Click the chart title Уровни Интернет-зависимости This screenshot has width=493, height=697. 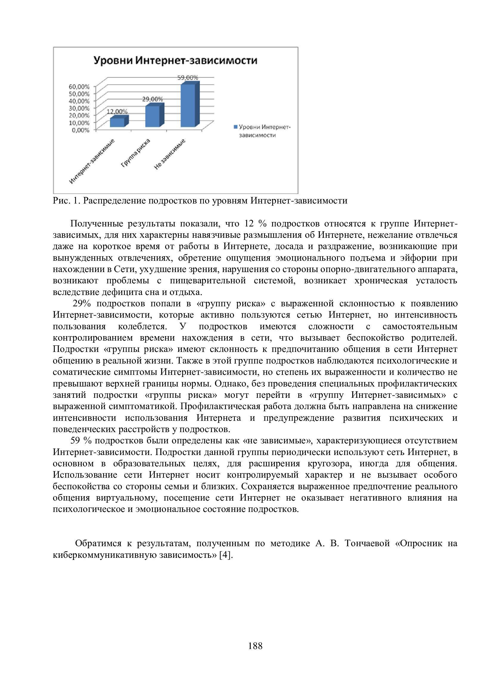(x=175, y=60)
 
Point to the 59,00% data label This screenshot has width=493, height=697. (x=187, y=78)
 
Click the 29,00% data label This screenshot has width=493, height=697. (x=152, y=99)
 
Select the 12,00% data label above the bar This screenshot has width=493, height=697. (x=117, y=111)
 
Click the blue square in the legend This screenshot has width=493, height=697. (x=235, y=127)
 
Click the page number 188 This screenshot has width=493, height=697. (x=255, y=646)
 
